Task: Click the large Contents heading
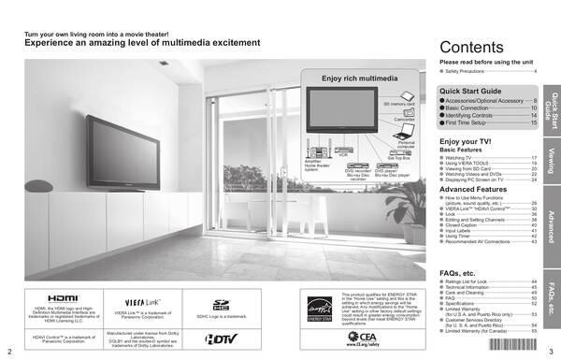click(x=473, y=49)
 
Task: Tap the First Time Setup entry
click(x=471, y=122)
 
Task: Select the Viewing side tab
click(x=553, y=158)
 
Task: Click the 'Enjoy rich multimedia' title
click(x=353, y=78)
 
